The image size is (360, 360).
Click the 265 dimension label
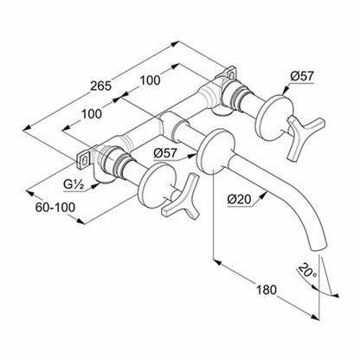point(100,86)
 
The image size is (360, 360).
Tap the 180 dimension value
point(267,289)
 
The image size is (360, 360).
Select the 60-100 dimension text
point(55,208)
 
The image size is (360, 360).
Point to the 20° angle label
point(307,270)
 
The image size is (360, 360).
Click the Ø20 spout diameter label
point(239,199)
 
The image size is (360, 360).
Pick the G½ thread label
point(74,185)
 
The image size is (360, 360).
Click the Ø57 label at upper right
point(301,76)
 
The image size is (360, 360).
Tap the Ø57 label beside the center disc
point(165,153)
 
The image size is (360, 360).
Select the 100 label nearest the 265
point(150,80)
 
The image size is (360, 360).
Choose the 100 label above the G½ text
point(92,114)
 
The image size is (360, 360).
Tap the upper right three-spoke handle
point(305,136)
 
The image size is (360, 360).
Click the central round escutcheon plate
point(215,151)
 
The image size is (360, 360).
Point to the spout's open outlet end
point(318,247)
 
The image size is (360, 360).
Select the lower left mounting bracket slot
point(84,162)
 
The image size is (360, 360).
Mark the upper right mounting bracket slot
point(232,74)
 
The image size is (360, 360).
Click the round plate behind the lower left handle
point(157,185)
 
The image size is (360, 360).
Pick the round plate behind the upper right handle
point(275,118)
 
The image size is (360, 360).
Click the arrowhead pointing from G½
point(95,185)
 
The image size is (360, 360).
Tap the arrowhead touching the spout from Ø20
point(262,196)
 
